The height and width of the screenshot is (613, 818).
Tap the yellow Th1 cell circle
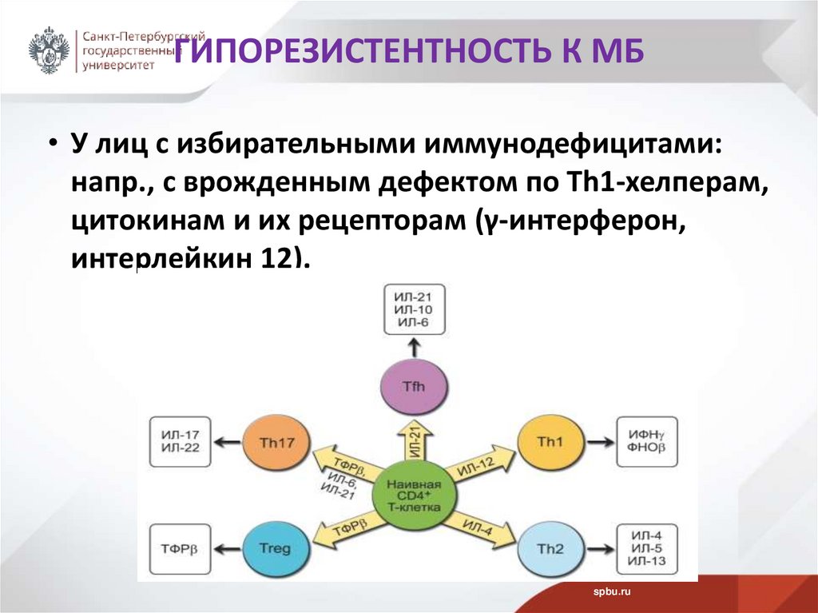coord(550,440)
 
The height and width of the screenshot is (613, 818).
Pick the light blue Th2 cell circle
coord(550,548)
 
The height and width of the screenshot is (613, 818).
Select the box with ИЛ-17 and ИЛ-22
coord(180,441)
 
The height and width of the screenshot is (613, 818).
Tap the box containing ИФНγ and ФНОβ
coord(647,441)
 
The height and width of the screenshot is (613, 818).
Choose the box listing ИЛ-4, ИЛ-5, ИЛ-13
coord(647,549)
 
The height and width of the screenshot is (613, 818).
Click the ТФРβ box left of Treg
coord(180,549)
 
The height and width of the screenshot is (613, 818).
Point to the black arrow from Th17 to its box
coord(228,441)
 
